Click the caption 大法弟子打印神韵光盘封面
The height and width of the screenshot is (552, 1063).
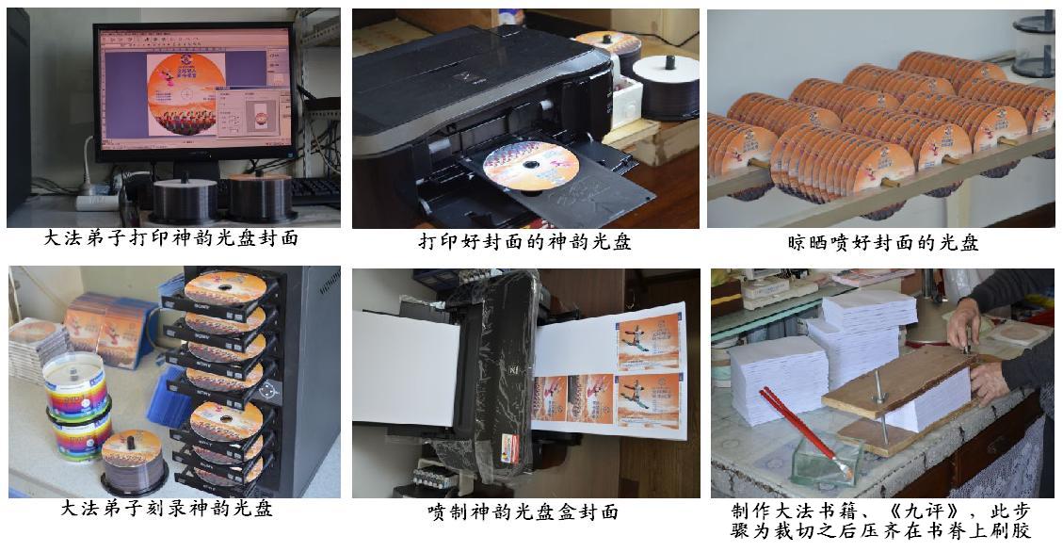(x=170, y=238)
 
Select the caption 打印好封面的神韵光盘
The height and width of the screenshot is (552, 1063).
(x=524, y=241)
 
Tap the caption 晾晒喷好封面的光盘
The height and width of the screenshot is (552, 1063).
(x=882, y=242)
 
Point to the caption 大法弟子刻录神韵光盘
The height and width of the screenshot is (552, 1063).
(x=167, y=508)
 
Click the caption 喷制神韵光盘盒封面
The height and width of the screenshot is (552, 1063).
(x=523, y=511)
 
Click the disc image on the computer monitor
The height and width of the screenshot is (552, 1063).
(x=185, y=93)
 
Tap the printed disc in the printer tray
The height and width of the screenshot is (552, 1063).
(x=531, y=166)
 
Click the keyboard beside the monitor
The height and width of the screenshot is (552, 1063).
(x=315, y=191)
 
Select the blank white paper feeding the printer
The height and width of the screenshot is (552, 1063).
(x=406, y=367)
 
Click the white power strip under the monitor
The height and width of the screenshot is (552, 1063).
(x=97, y=202)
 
